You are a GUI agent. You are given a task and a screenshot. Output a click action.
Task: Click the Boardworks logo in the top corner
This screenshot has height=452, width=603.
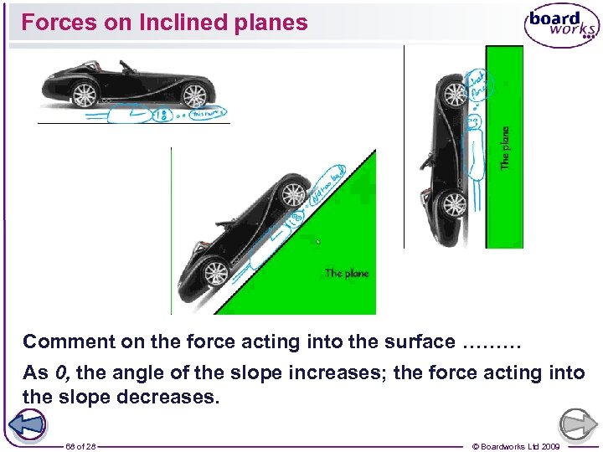561,25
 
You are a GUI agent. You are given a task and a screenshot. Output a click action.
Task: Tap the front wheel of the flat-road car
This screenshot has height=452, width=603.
194,95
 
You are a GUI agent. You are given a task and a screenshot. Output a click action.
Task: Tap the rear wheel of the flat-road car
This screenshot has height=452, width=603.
84,95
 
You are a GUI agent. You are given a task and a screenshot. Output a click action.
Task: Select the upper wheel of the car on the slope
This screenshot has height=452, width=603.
293,195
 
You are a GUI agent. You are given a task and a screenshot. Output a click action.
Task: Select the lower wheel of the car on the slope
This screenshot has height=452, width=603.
215,273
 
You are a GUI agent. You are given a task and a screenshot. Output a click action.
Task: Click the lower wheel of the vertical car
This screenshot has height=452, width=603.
454,204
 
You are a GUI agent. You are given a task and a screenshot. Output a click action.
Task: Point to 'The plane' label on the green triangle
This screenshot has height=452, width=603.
347,273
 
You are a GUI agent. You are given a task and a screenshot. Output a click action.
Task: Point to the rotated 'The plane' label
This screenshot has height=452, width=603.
505,148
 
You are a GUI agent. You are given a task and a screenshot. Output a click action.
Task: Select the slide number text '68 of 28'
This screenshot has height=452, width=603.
80,446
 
